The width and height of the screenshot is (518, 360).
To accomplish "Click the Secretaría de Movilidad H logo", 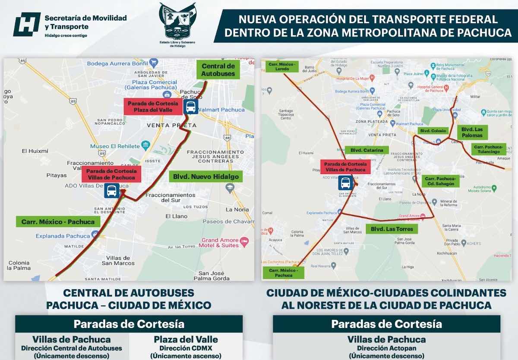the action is (x=27, y=24).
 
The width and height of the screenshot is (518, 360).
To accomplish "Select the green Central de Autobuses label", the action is (x=218, y=70).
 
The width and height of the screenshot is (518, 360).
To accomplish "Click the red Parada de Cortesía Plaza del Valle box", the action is (x=153, y=107).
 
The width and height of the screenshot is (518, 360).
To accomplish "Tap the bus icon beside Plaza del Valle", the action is (x=190, y=107).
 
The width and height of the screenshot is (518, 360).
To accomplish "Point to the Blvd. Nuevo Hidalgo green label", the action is (x=205, y=176).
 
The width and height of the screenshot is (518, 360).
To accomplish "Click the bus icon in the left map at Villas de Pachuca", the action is (x=112, y=190).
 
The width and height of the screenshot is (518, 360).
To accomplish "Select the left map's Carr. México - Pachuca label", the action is (x=58, y=222).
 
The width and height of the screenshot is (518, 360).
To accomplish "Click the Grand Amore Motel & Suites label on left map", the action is (x=223, y=242).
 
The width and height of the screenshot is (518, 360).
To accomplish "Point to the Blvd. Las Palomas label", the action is (x=471, y=132).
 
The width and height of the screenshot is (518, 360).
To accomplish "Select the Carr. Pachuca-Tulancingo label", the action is (x=489, y=149).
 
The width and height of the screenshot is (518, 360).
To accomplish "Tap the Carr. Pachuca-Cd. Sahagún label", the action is (x=440, y=181).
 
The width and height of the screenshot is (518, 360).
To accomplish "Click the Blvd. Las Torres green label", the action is (x=392, y=229).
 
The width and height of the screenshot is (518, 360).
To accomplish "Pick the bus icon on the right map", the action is (x=346, y=183).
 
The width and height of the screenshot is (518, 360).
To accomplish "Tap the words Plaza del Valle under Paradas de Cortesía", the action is (x=186, y=339).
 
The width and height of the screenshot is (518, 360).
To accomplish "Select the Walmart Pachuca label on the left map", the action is (x=221, y=110).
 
